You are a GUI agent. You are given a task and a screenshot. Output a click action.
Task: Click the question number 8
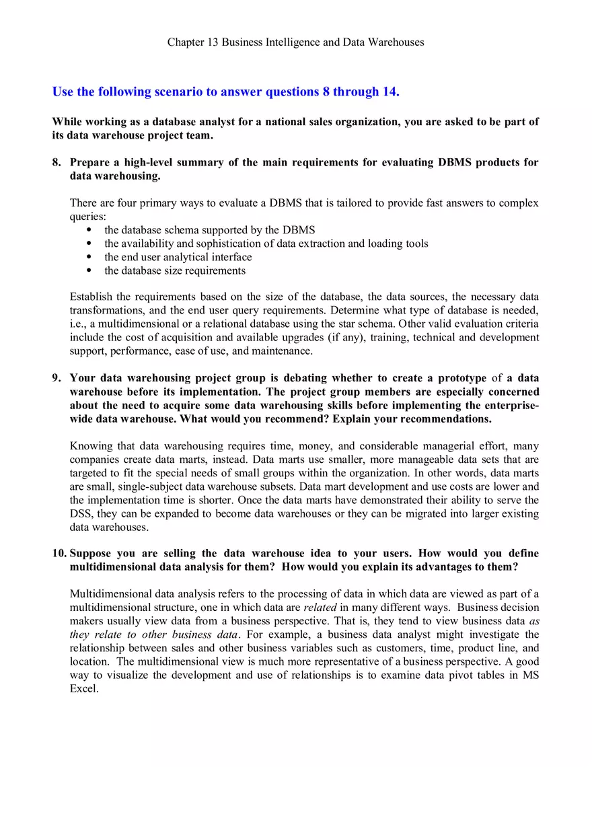pyautogui.click(x=57, y=162)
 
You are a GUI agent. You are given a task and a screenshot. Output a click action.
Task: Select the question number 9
pyautogui.click(x=57, y=378)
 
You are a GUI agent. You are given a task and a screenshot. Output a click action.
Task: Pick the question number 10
pyautogui.click(x=59, y=553)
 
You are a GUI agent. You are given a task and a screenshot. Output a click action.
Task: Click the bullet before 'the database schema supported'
pyautogui.click(x=89, y=230)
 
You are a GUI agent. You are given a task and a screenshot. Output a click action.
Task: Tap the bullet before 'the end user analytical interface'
pyautogui.click(x=89, y=257)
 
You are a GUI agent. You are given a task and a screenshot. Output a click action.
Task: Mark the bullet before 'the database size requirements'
pyautogui.click(x=89, y=270)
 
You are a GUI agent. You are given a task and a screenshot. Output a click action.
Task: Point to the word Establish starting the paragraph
pyautogui.click(x=90, y=297)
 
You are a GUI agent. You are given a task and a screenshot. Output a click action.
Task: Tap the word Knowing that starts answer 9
pyautogui.click(x=90, y=446)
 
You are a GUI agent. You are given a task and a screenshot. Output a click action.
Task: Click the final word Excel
pyautogui.click(x=84, y=688)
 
